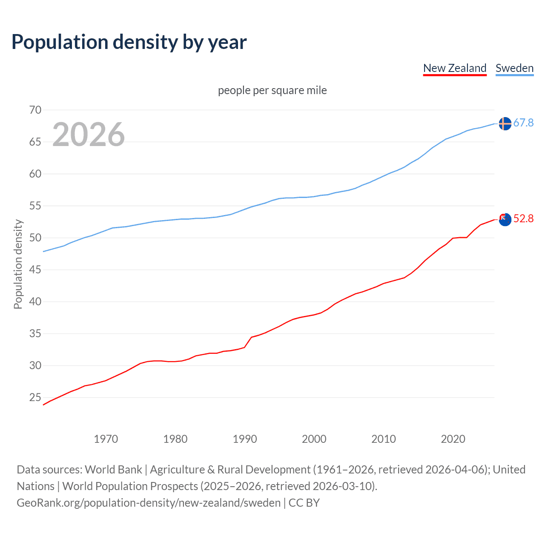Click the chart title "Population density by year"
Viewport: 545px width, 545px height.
[129, 42]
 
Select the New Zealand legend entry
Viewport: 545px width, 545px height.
[454, 68]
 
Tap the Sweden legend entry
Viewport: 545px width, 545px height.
[514, 68]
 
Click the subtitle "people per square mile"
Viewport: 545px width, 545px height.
[272, 90]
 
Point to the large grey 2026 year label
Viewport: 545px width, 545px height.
[89, 135]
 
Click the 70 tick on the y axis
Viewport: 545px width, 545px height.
[35, 110]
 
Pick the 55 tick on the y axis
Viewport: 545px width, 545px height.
[35, 206]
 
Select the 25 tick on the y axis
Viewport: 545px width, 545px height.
[35, 398]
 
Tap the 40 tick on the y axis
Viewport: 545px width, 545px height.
[35, 302]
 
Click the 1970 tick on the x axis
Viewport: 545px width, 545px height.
[106, 439]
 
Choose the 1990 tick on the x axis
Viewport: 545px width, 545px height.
[244, 439]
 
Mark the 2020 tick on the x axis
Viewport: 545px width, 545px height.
[453, 439]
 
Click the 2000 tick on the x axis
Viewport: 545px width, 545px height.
[314, 439]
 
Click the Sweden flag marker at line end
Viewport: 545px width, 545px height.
[505, 123]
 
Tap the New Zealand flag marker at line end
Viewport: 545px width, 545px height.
[505, 220]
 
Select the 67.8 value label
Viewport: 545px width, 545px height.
[523, 123]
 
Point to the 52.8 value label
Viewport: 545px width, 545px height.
[523, 219]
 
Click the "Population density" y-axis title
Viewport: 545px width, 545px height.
[18, 264]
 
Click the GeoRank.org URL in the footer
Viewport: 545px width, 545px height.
[149, 503]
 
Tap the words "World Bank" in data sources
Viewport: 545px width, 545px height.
[113, 470]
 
